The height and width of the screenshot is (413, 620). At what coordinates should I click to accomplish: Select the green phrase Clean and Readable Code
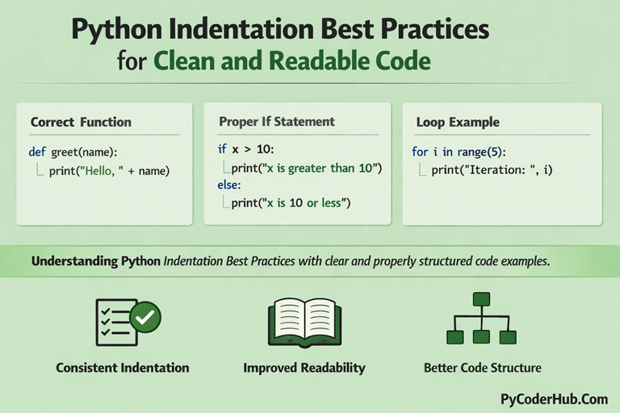tap(291, 61)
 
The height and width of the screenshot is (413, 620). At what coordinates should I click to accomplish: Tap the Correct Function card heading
tap(81, 123)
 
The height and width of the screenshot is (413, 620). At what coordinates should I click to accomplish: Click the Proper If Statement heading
tap(276, 122)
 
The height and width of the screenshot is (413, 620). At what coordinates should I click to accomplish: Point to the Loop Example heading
tap(458, 123)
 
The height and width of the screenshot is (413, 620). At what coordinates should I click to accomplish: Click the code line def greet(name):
tap(73, 151)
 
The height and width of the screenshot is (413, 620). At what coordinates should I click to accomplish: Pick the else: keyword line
tap(229, 185)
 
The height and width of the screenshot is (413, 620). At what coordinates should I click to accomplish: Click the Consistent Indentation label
tap(123, 368)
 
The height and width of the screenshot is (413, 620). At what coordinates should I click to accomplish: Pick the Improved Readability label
tap(304, 368)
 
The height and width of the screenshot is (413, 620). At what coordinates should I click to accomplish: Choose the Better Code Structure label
tap(482, 368)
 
